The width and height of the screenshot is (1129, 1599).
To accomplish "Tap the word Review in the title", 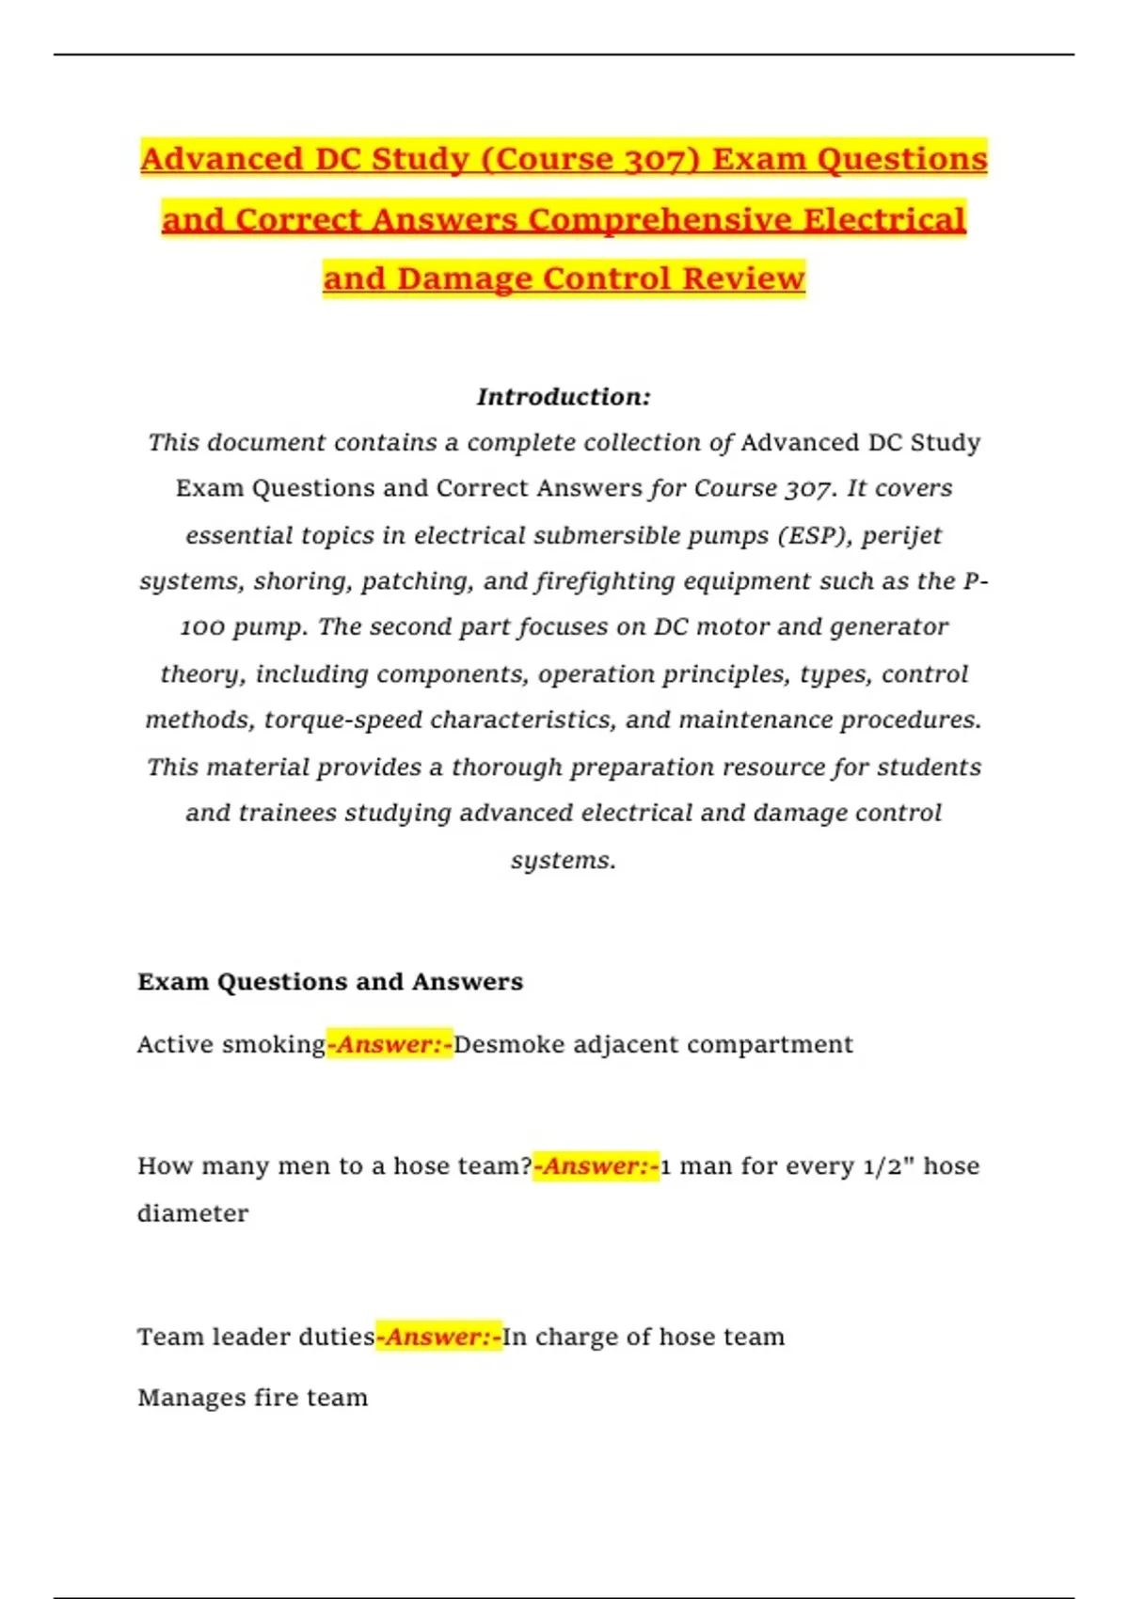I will pos(743,278).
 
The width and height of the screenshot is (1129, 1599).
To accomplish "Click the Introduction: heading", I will pos(564,397).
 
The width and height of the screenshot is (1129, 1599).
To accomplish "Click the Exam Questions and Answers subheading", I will pos(330,982).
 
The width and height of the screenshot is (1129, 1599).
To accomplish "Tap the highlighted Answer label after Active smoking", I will pos(390,1045).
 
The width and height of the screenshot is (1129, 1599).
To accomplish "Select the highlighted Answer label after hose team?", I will pos(596,1166).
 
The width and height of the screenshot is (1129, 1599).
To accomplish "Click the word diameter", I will pos(193,1213).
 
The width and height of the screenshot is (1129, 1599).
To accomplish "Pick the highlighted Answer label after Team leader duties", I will pos(438,1338).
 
